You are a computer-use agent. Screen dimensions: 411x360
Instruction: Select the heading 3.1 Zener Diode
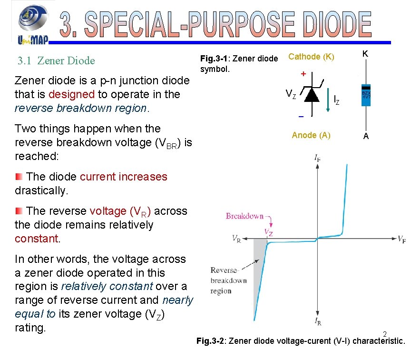pos(56,61)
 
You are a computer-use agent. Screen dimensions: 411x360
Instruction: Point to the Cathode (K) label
pos(312,57)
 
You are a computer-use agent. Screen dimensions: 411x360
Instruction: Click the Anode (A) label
pos(311,135)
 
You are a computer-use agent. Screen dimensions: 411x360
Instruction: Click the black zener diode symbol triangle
pos(312,95)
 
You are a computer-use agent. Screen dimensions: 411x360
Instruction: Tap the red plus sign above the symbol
pos(303,75)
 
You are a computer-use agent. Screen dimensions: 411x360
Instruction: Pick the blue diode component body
pos(366,95)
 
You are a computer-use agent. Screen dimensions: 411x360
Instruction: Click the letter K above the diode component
pos(365,54)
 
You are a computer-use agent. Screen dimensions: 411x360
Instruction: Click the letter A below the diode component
pos(365,136)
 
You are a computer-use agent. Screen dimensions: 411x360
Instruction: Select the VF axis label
pos(401,239)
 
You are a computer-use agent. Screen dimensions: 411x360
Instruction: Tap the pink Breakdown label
pos(245,216)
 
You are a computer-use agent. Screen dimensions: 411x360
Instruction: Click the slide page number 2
pos(385,334)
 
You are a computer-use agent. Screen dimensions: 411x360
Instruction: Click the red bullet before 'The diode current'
pos(19,177)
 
